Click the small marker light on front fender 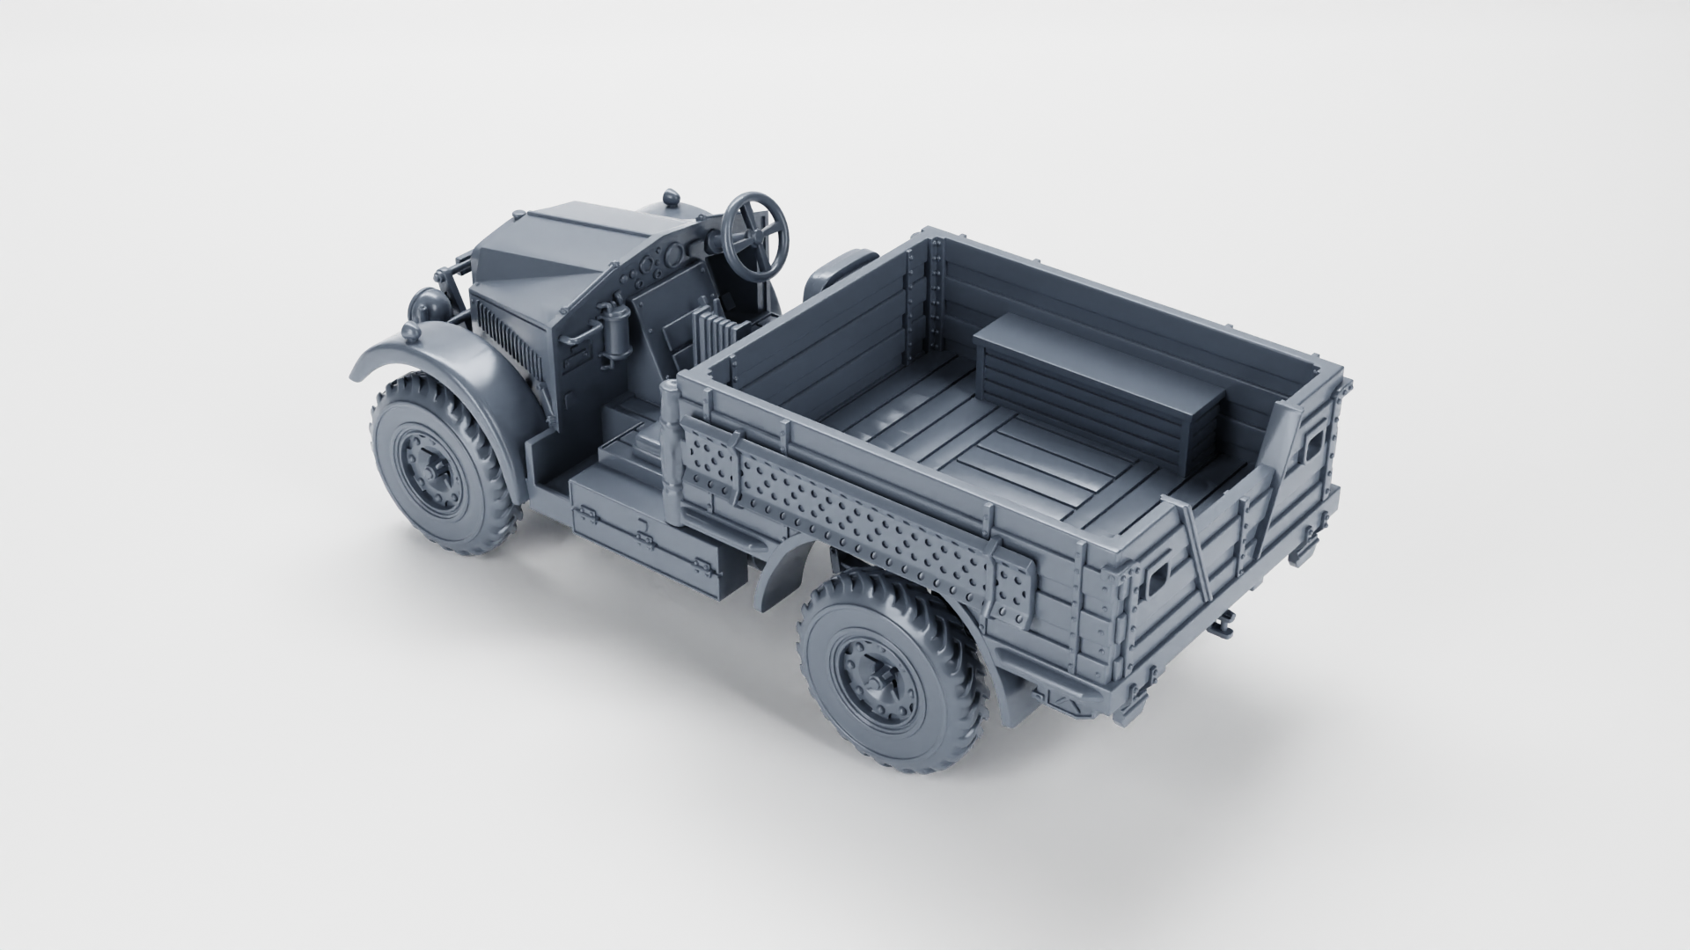click(411, 332)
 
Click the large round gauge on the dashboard click(670, 258)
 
